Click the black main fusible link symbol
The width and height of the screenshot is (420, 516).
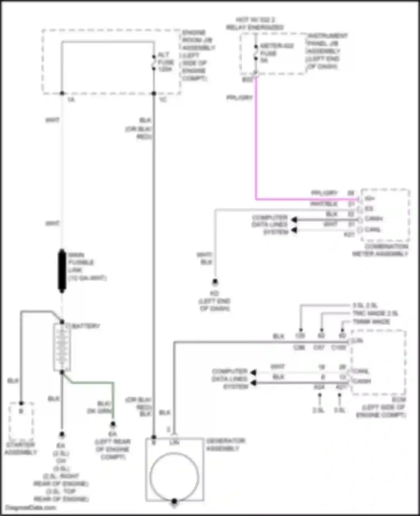[62, 271]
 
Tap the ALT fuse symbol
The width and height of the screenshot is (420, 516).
[154, 63]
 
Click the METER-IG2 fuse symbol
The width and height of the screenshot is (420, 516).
[256, 52]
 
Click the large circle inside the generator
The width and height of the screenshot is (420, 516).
[174, 477]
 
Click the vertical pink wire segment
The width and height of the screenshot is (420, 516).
[256, 140]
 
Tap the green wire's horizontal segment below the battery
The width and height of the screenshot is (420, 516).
[92, 382]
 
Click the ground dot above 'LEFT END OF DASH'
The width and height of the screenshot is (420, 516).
[215, 281]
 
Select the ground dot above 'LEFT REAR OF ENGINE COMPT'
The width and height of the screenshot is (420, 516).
[113, 424]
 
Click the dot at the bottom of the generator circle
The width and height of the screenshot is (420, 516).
[174, 501]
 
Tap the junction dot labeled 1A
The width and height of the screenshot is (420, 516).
[62, 93]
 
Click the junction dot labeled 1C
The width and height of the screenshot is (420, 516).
[154, 93]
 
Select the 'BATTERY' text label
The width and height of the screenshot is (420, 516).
[86, 326]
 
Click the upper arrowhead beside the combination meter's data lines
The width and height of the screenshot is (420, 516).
[294, 220]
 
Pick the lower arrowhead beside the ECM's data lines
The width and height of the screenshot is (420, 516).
[253, 383]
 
